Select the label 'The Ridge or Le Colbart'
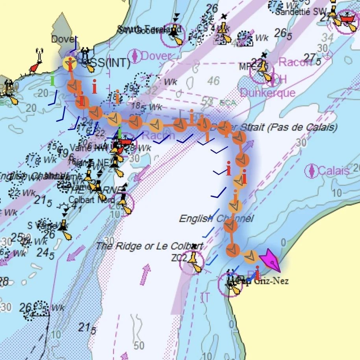[150, 246]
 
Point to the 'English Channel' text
[216, 218]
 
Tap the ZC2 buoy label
[178, 258]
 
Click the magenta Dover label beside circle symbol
[156, 56]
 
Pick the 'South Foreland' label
[150, 29]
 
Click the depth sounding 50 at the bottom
[139, 346]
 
